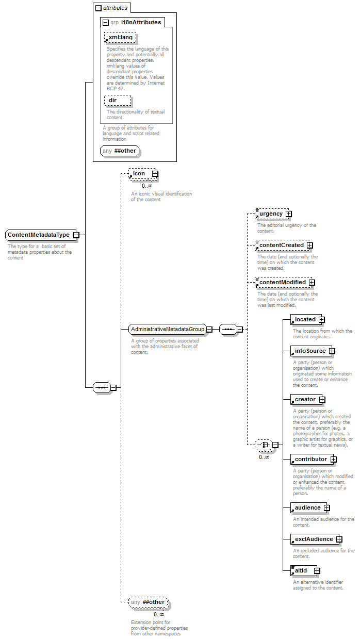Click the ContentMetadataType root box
pyautogui.click(x=41, y=235)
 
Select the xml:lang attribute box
pyautogui.click(x=120, y=37)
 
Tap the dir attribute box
pyautogui.click(x=118, y=100)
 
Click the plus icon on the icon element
pyautogui.click(x=155, y=173)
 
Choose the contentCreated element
pyautogui.click(x=283, y=245)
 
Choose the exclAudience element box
pyautogui.click(x=315, y=539)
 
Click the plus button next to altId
pyautogui.click(x=317, y=570)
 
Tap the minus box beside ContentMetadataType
pyautogui.click(x=76, y=235)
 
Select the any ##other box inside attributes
pyautogui.click(x=120, y=151)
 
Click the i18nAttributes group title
pyautogui.click(x=141, y=22)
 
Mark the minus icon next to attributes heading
pyautogui.click(x=99, y=8)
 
